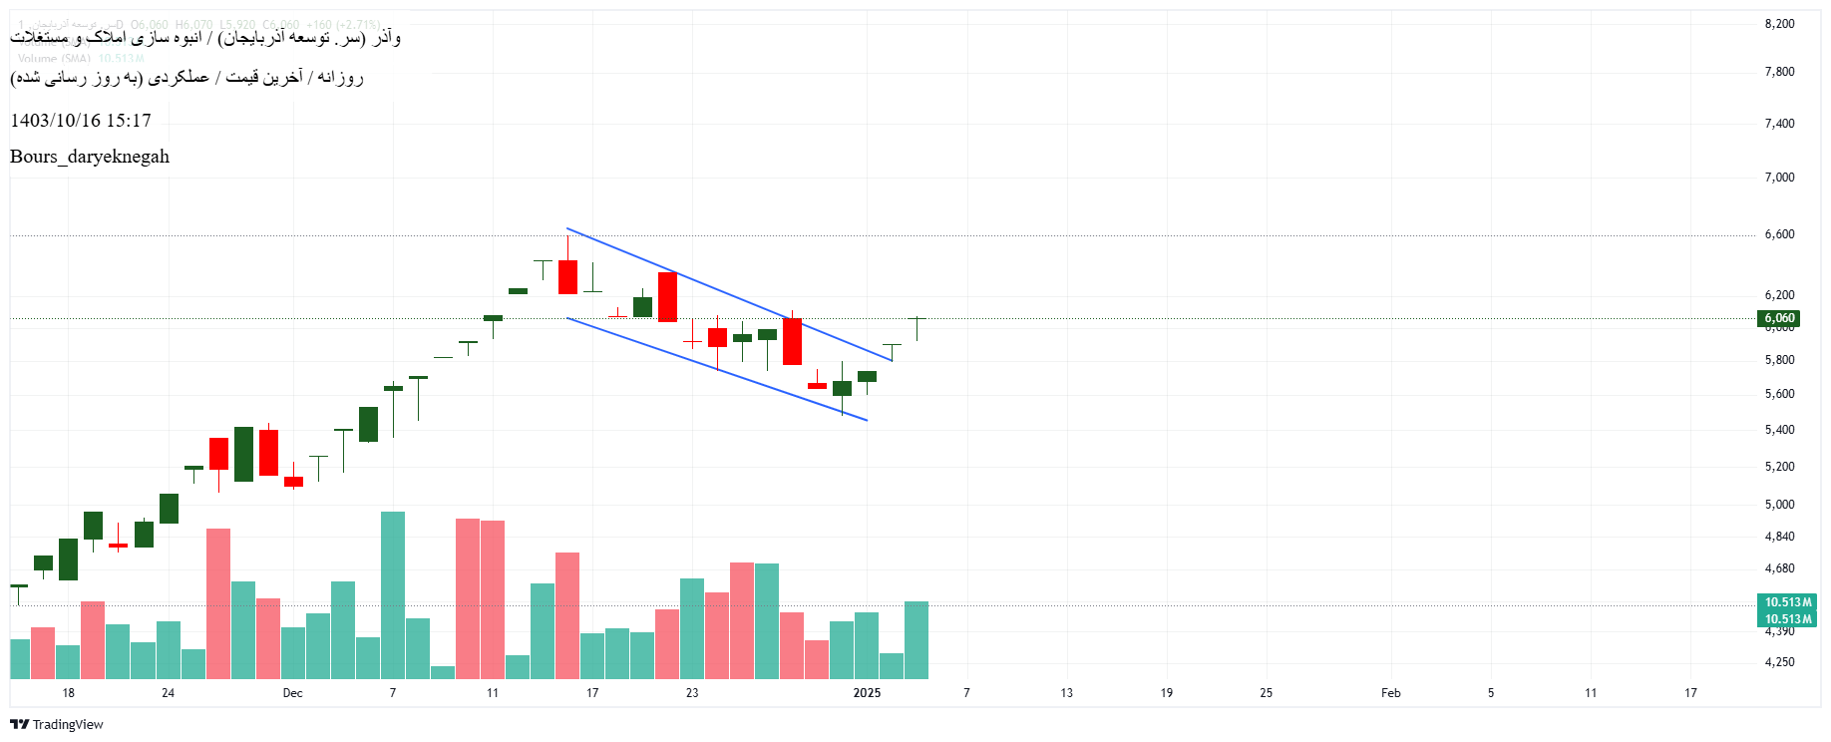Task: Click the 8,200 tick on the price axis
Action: click(x=1779, y=24)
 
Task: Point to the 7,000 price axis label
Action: click(x=1779, y=178)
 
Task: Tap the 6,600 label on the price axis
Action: click(x=1779, y=234)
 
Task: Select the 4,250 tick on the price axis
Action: click(x=1779, y=662)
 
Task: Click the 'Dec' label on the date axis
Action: click(x=292, y=693)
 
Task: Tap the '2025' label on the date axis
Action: click(x=867, y=693)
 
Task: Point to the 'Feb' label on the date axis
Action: click(x=1390, y=693)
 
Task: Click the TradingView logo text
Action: click(x=67, y=725)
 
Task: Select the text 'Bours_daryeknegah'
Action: click(x=90, y=157)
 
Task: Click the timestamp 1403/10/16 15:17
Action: click(x=81, y=121)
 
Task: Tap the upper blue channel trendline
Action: click(x=728, y=294)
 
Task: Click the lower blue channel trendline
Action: click(x=718, y=369)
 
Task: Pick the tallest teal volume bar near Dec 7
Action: click(x=393, y=594)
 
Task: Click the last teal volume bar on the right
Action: click(x=916, y=639)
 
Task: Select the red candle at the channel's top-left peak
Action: click(x=567, y=276)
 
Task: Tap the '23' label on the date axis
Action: click(x=692, y=693)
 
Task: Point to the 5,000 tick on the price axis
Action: click(x=1779, y=505)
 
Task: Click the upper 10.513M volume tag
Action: click(x=1787, y=602)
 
